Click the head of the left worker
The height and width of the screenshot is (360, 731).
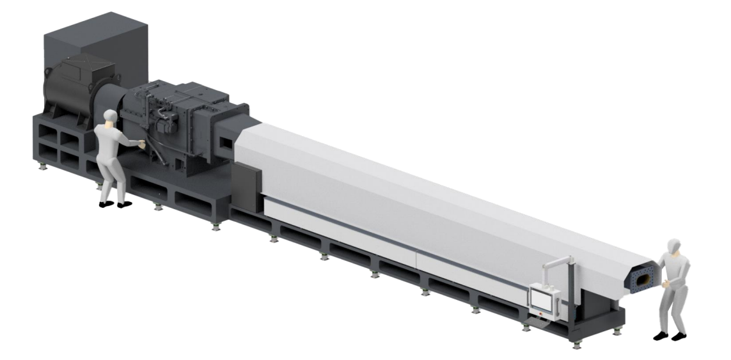(x=111, y=116)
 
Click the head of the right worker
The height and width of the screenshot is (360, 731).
(x=672, y=246)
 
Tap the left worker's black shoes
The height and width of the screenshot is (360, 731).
(x=116, y=204)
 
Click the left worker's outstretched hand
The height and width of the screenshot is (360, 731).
(x=142, y=145)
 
